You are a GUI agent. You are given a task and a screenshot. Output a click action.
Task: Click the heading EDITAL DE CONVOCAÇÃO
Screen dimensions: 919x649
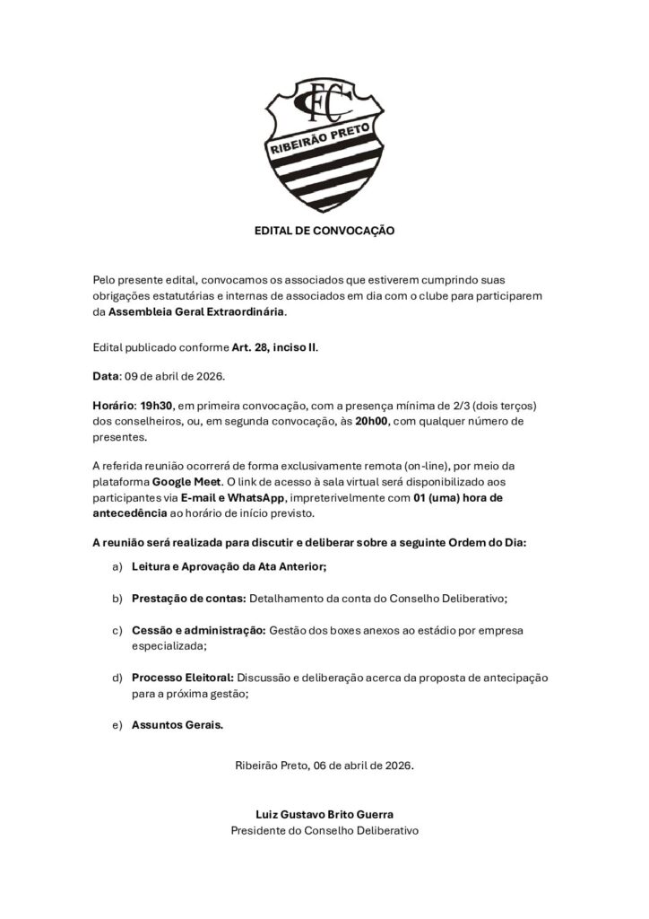(324, 231)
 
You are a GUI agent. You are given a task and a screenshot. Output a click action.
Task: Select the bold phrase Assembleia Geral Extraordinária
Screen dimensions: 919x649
(196, 311)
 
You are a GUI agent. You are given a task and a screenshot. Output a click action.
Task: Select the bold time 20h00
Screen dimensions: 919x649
(373, 422)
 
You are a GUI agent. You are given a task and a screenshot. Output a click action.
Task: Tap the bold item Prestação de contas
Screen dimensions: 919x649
(188, 598)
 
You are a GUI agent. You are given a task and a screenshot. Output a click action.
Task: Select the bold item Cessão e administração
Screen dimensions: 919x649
(198, 631)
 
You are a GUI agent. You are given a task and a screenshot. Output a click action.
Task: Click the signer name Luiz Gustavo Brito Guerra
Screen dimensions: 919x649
(324, 814)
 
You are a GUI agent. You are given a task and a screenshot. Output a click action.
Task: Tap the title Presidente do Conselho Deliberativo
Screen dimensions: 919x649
(324, 831)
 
